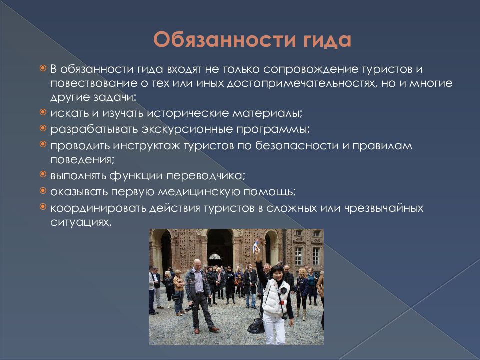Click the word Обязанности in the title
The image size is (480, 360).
pyautogui.click(x=225, y=40)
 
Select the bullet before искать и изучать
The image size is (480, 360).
pyautogui.click(x=43, y=112)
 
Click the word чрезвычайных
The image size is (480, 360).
pyautogui.click(x=384, y=208)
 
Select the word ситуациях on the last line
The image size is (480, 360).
pyautogui.click(x=81, y=222)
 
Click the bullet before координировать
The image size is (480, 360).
pyautogui.click(x=43, y=207)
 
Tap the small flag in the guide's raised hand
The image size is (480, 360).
pyautogui.click(x=256, y=245)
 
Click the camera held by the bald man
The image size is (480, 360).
pyautogui.click(x=190, y=307)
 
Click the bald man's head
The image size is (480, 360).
pyautogui.click(x=197, y=264)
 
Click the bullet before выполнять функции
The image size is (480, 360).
pyautogui.click(x=43, y=175)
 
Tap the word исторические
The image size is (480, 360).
pyautogui.click(x=188, y=113)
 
